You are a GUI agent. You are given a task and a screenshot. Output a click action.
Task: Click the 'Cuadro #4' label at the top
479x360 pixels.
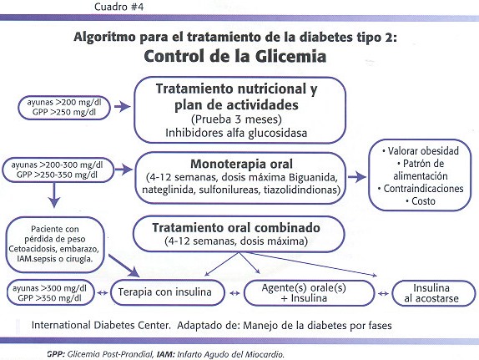[x=118, y=7]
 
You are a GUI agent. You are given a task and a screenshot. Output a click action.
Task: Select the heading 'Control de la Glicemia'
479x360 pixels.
[x=235, y=56]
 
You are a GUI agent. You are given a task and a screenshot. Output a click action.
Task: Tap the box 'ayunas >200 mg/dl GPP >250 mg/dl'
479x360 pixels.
[x=64, y=108]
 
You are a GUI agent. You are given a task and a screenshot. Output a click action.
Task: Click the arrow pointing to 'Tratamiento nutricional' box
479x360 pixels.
[x=122, y=107]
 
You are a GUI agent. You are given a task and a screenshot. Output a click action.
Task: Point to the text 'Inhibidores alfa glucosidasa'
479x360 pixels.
[x=236, y=133]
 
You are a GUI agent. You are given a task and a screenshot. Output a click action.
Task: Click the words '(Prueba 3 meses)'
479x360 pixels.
[x=236, y=119]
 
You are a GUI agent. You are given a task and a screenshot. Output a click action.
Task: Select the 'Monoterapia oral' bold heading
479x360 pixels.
[x=241, y=165]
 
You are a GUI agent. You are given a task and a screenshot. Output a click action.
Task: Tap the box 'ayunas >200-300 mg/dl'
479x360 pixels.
[x=58, y=170]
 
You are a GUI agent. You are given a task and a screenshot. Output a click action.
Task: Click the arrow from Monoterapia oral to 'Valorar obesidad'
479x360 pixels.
[x=357, y=177]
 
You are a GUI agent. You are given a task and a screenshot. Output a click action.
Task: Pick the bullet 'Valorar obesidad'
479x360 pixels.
[x=421, y=151]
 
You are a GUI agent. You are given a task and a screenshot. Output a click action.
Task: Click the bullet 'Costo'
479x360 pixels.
[x=421, y=201]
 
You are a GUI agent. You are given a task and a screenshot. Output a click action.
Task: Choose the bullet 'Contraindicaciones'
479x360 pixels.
[x=421, y=189]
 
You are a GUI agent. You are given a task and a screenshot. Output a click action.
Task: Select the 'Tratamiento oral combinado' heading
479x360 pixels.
[x=236, y=228]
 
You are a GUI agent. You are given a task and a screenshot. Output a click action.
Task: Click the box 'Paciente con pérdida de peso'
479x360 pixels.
[x=55, y=245]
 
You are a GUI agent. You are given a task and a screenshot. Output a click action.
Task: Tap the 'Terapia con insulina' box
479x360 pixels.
[x=168, y=292]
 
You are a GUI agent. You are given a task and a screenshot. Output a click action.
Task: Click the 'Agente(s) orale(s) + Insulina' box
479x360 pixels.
[x=309, y=293]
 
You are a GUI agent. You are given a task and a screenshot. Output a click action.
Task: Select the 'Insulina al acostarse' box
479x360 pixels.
[x=434, y=293]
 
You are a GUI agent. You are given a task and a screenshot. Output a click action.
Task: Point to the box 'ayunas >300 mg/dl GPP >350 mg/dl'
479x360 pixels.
[x=50, y=293]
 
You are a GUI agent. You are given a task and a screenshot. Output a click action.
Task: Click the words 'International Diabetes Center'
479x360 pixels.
[x=101, y=325]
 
